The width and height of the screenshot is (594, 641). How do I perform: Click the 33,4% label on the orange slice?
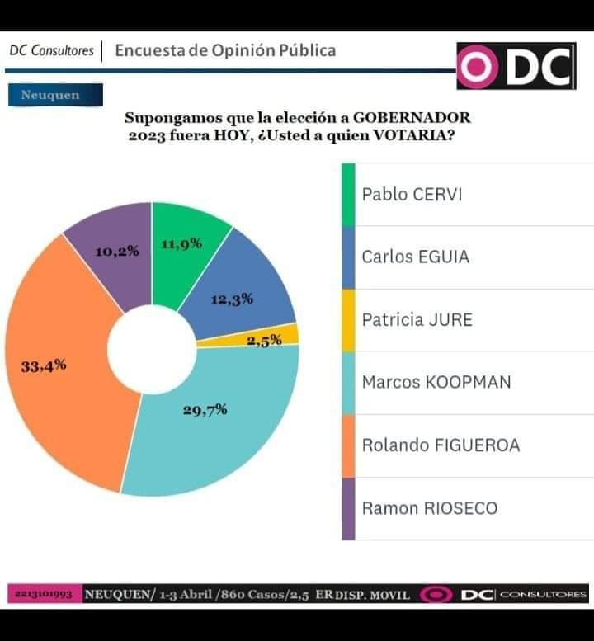(x=44, y=365)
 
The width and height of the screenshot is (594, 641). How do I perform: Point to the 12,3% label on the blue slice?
(x=232, y=299)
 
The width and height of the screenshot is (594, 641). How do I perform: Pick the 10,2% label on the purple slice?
(x=116, y=252)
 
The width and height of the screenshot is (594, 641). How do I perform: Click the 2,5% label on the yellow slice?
(x=264, y=339)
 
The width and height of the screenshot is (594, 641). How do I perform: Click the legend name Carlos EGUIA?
(x=415, y=257)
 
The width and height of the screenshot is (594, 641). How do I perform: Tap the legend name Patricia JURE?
(x=417, y=319)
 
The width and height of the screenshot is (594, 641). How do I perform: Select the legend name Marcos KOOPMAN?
(x=436, y=382)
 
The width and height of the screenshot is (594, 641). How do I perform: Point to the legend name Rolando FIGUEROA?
(x=441, y=445)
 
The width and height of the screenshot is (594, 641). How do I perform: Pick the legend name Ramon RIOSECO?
(x=429, y=507)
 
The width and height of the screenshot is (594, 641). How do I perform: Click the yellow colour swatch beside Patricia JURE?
(x=348, y=320)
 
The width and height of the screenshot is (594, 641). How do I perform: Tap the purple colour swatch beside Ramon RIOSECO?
(x=348, y=508)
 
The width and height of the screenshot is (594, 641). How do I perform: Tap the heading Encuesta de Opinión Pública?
(x=225, y=50)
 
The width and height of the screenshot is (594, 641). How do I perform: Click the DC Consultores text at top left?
(x=51, y=50)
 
